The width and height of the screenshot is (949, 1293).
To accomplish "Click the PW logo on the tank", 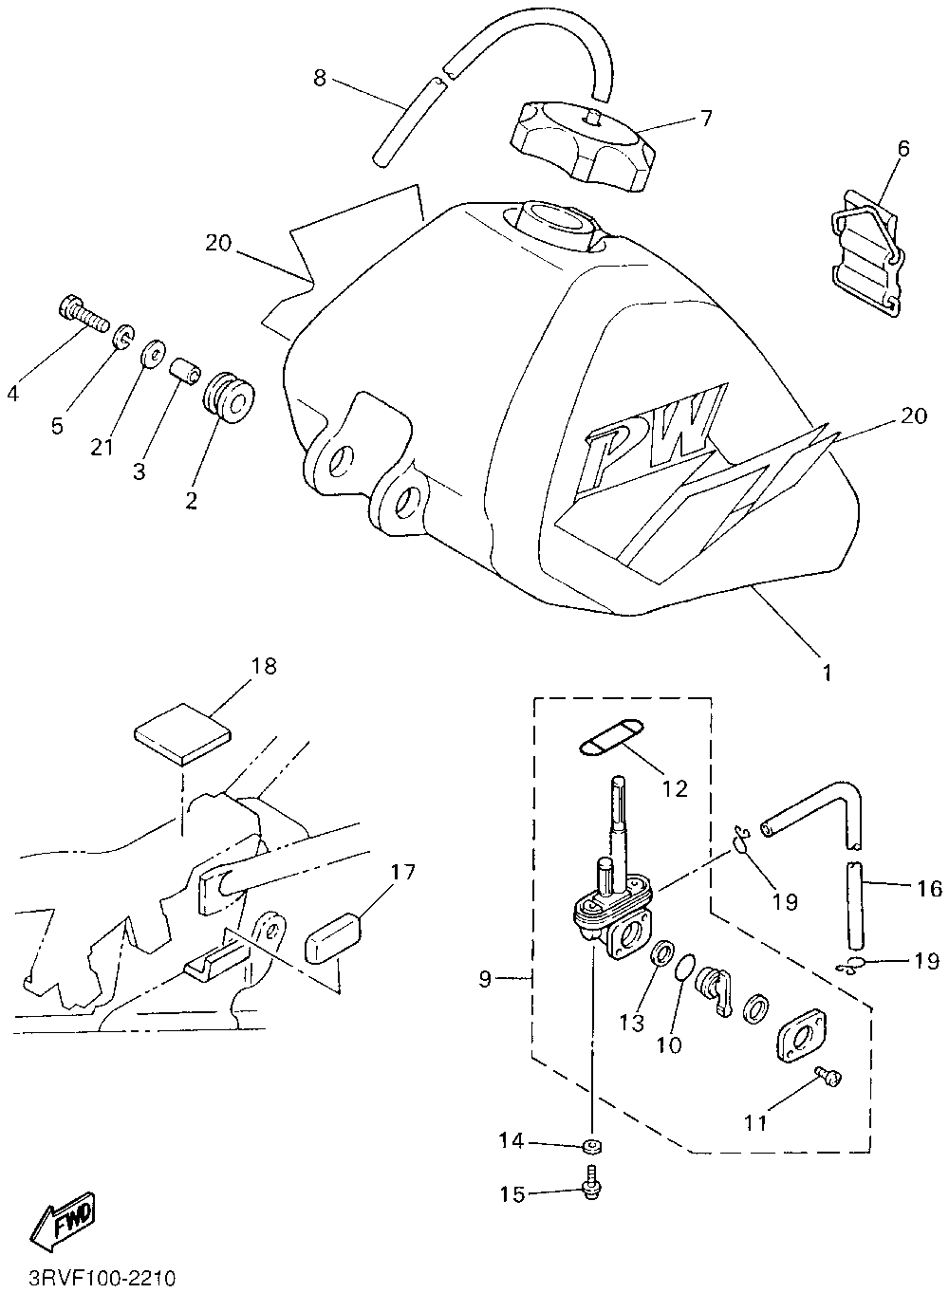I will pos(655,424).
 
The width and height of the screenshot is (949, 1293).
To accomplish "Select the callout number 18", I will pos(264,666).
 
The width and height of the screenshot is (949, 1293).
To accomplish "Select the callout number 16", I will pos(929,889).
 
